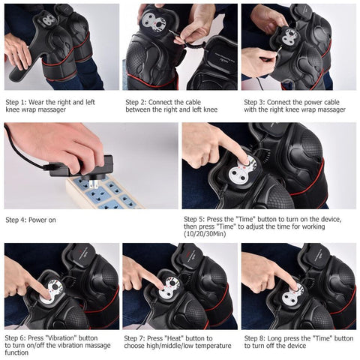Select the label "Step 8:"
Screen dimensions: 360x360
(x=256, y=337)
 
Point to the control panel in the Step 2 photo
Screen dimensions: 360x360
(x=158, y=22)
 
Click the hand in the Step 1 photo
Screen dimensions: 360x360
(x=16, y=49)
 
